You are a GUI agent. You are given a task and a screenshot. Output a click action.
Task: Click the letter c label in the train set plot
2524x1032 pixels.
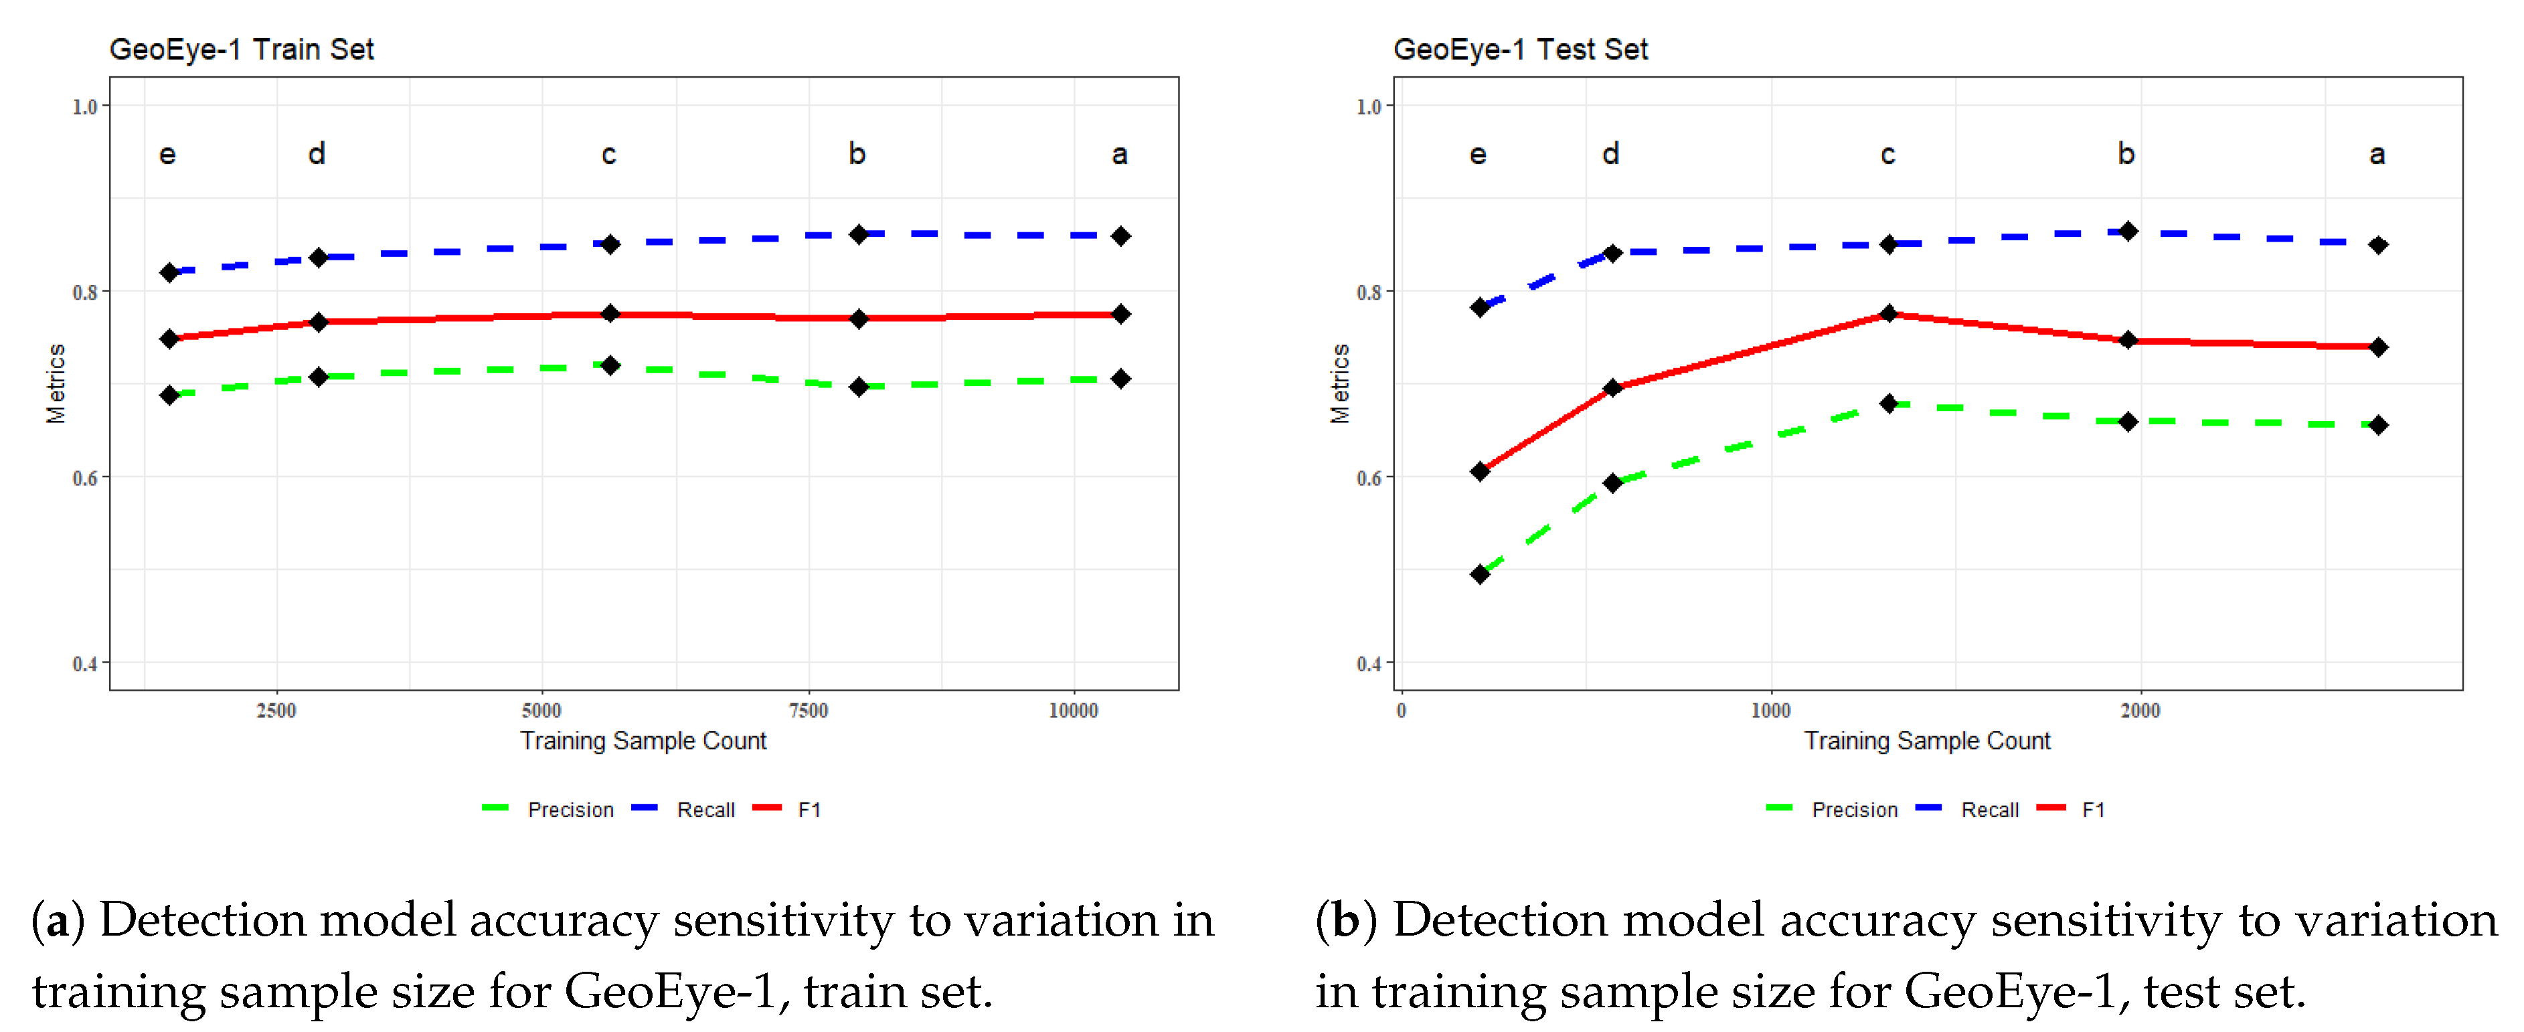(608, 154)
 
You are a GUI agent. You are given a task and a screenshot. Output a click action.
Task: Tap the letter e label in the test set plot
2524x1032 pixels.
(1478, 154)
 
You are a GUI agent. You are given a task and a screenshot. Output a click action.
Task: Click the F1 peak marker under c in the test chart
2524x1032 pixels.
(1889, 314)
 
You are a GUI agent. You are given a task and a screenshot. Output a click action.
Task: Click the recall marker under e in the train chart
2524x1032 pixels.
(169, 272)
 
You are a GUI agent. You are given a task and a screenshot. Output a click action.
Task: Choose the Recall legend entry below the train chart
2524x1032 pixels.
(705, 810)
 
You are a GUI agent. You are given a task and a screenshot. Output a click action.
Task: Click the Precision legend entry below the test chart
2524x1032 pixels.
(1853, 810)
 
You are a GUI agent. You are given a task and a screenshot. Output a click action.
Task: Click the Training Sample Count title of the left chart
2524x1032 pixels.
(643, 741)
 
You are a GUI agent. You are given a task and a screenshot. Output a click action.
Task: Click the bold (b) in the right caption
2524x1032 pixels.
(1345, 920)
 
